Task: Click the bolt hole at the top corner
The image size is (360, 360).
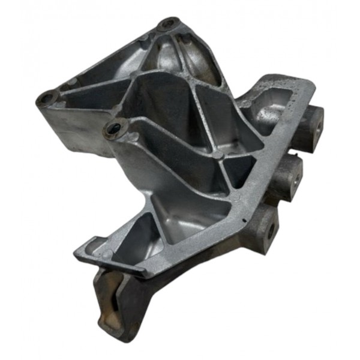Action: pos(167,25)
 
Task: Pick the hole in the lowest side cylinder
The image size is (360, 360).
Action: pos(272,230)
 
